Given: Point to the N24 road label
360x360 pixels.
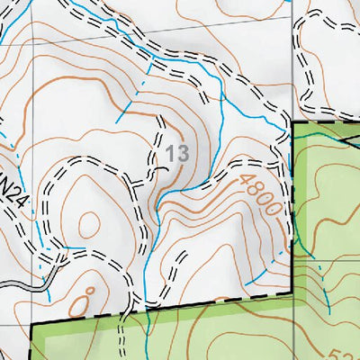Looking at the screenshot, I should click(x=16, y=194).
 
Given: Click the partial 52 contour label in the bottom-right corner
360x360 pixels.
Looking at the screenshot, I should click(x=349, y=353).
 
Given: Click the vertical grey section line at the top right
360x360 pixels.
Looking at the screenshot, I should click(x=293, y=54).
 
